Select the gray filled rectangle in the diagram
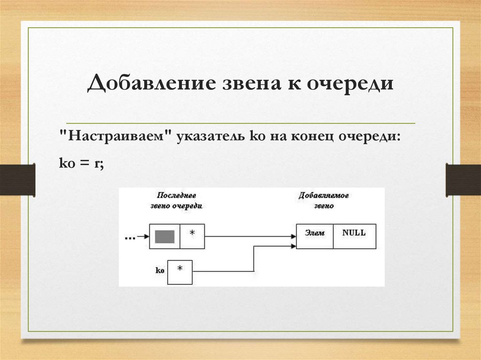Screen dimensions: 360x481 (x=164, y=236)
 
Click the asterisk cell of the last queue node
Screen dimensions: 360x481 (x=191, y=236)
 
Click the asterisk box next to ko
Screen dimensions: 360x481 (x=180, y=272)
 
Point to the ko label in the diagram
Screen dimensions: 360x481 (x=159, y=271)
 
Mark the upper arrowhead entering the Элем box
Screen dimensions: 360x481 (x=293, y=237)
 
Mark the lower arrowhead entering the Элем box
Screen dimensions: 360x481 (x=293, y=246)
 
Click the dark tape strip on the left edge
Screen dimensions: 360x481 (x=17, y=179)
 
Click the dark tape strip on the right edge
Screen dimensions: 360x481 (x=463, y=179)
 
